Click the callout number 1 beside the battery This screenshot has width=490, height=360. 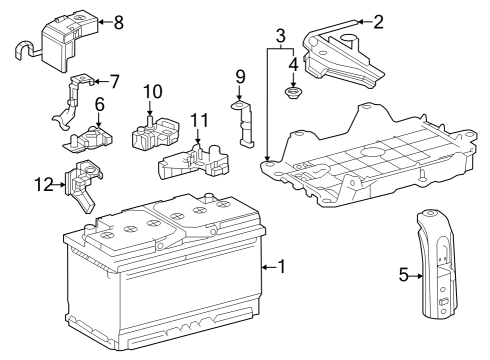[282, 267]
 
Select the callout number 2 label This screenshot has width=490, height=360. [377, 22]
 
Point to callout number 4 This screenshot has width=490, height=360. [293, 66]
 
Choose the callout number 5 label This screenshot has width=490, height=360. [404, 274]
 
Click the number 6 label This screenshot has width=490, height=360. [100, 104]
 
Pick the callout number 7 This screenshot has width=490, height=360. [114, 80]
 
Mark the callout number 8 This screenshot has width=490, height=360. [119, 22]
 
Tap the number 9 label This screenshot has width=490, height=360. [240, 76]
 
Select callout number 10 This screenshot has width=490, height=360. [152, 92]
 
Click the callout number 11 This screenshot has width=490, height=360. [200, 121]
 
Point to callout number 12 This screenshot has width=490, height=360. [41, 183]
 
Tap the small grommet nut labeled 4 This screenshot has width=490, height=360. [293, 95]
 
